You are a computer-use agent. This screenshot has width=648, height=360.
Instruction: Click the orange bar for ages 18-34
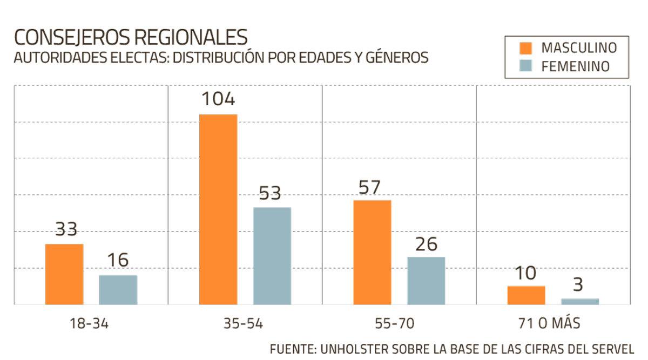[x=64, y=274]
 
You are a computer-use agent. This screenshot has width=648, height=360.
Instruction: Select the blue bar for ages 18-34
[x=118, y=289]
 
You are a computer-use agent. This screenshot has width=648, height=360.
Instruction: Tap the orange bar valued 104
[x=218, y=209]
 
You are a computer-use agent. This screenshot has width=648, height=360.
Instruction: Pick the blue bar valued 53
[x=272, y=256]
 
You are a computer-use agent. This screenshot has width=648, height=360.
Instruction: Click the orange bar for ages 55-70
[x=372, y=252]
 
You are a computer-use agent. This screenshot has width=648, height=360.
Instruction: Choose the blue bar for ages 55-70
[x=426, y=280]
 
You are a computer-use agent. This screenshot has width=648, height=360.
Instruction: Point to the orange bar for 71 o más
[x=526, y=295]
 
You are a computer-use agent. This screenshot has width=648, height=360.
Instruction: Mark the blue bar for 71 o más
[x=580, y=301]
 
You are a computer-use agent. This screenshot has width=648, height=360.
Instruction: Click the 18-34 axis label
[x=89, y=324]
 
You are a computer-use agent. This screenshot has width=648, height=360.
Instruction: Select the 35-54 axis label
[x=243, y=324]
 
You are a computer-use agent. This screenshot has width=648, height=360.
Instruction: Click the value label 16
[x=118, y=261]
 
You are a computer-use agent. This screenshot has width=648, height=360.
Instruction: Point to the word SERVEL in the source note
[x=610, y=348]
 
